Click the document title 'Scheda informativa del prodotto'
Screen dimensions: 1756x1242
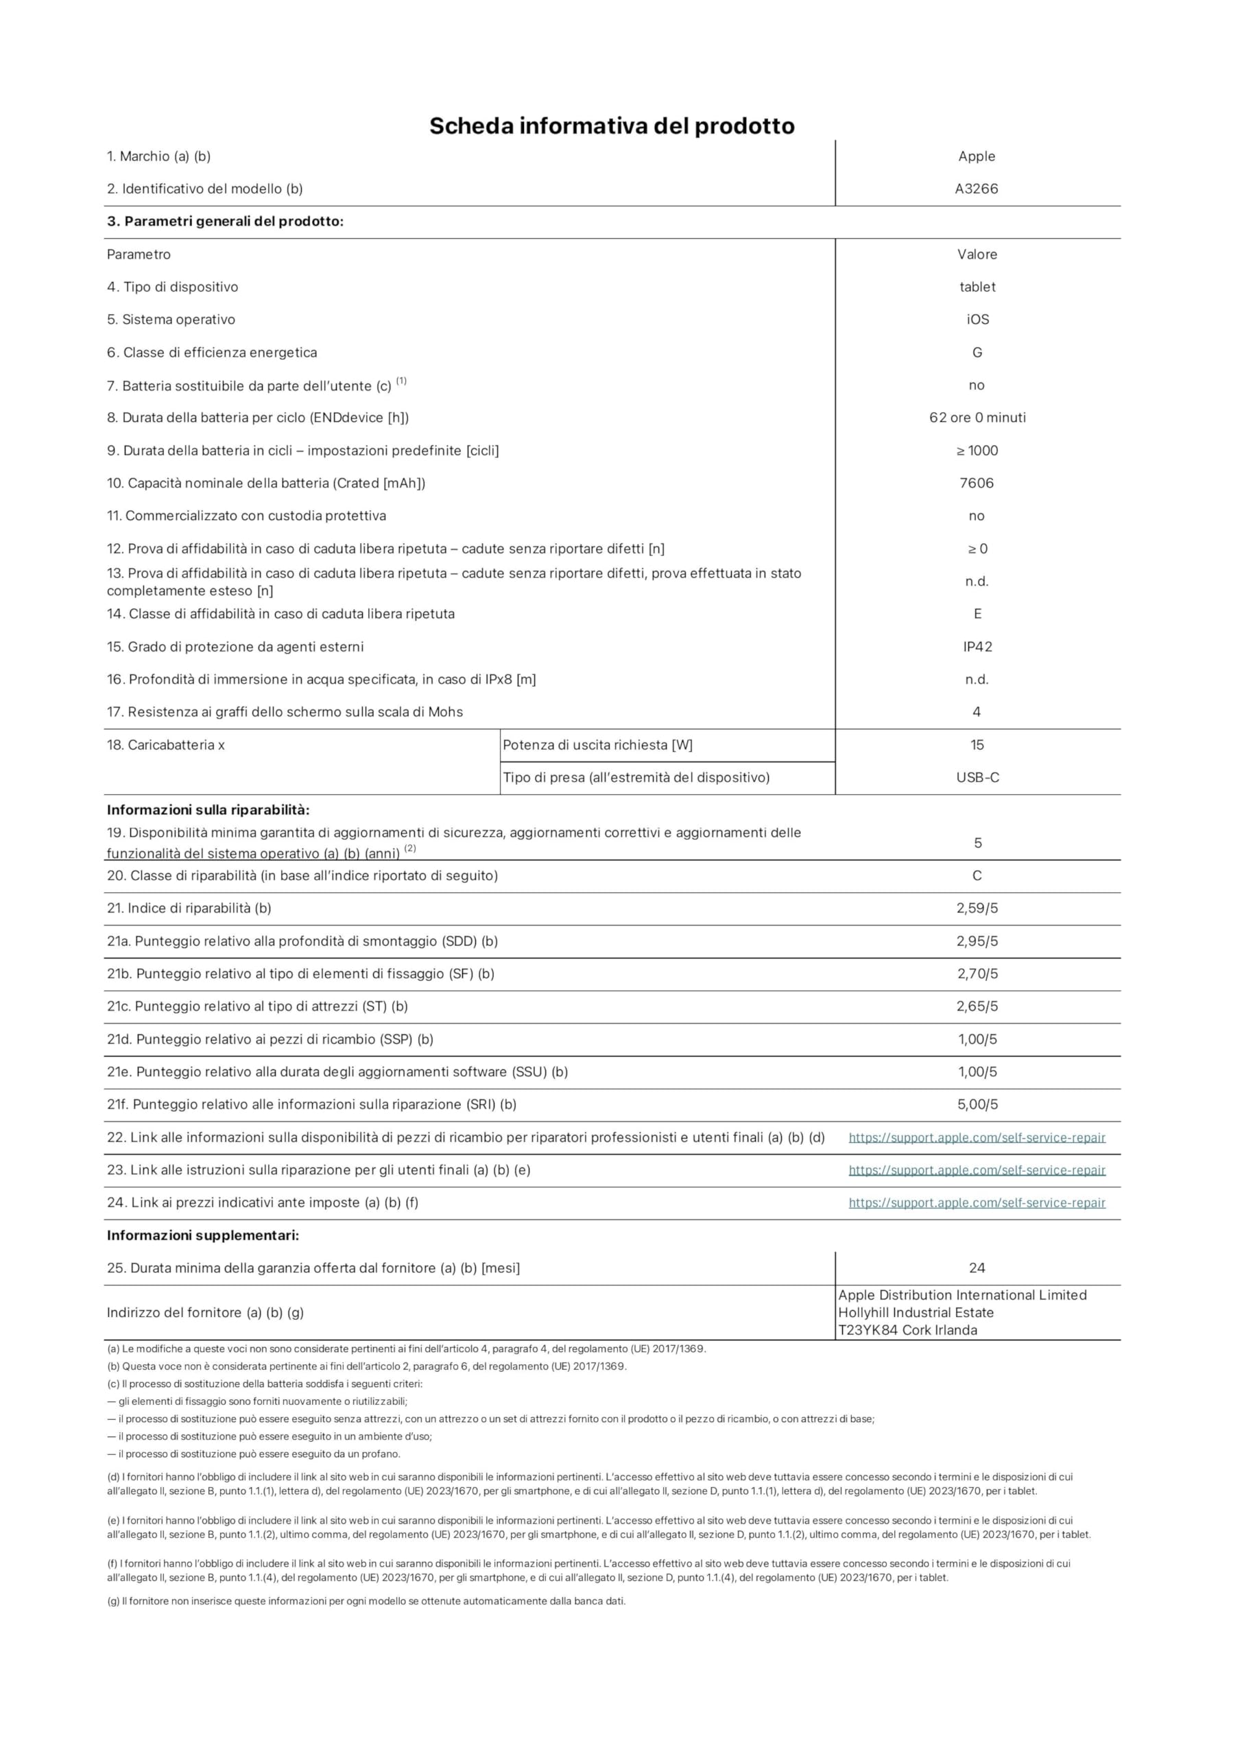click(611, 126)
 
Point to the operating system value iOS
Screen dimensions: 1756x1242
click(977, 320)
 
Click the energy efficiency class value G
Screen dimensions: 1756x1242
click(977, 353)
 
